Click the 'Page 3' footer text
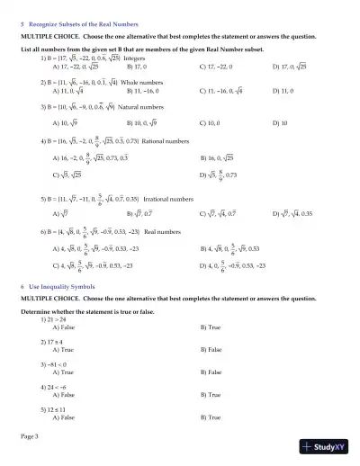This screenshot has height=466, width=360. pyautogui.click(x=30, y=435)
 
